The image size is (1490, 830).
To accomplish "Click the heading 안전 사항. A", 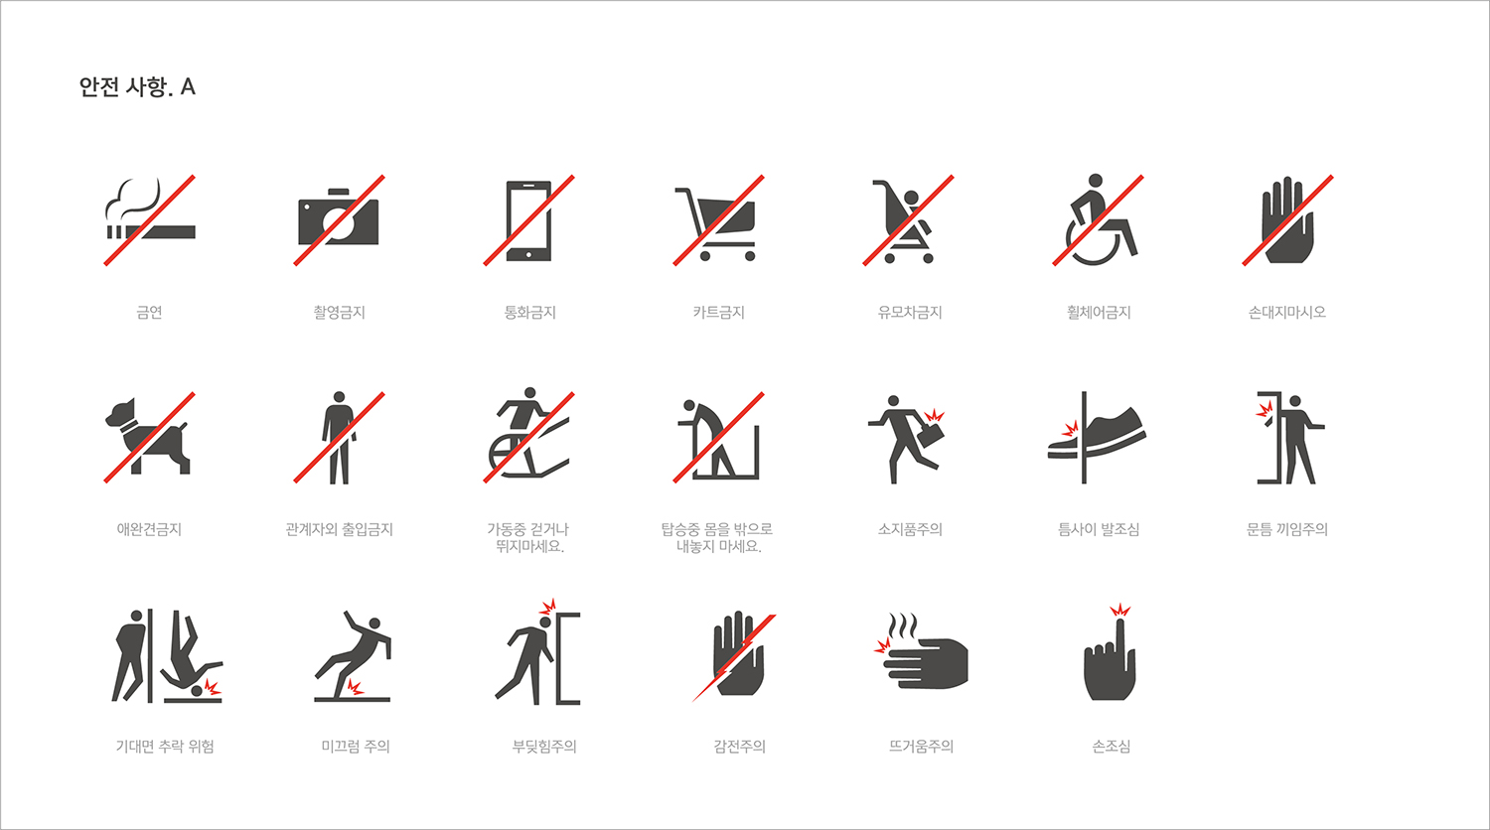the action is tap(137, 87).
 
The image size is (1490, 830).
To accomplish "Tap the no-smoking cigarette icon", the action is tap(150, 220).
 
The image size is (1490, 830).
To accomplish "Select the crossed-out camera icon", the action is tap(340, 220).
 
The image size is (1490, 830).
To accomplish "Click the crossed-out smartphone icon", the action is tap(528, 220).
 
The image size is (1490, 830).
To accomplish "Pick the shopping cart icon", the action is tap(718, 220).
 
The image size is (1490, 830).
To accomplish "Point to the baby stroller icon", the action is tap(908, 220).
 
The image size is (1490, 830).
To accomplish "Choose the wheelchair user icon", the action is tap(1098, 220).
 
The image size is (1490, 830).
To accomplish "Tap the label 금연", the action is tap(150, 312).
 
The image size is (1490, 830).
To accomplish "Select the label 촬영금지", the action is tap(340, 312).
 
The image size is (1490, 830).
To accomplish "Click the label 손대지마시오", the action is tap(1287, 312).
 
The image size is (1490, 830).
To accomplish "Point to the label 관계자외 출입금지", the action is tap(340, 529).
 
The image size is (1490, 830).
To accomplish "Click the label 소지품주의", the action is tap(910, 529).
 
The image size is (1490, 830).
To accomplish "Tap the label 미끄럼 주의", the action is tap(356, 747).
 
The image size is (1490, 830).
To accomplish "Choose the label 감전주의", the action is tap(740, 747).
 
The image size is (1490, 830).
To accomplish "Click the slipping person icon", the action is tap(353, 655).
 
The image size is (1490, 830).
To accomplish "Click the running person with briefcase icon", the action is tap(905, 439).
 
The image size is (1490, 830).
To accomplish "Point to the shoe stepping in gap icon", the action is tap(1097, 437).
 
